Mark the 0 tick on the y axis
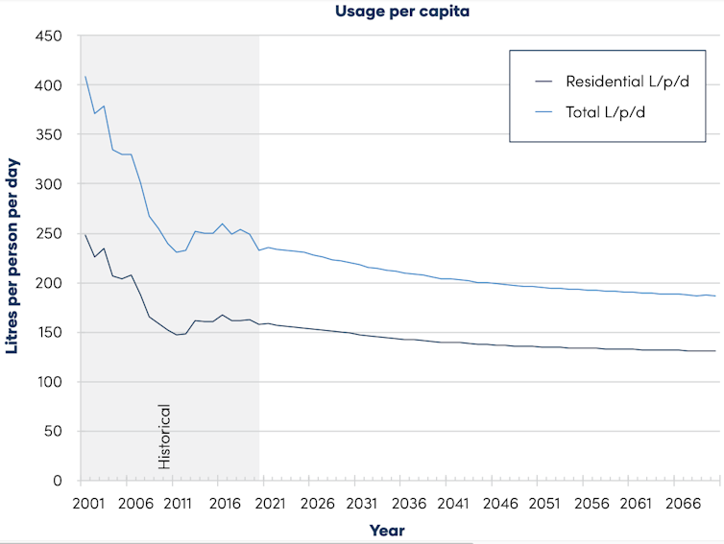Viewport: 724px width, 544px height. point(57,481)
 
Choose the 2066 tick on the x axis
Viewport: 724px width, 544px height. point(683,503)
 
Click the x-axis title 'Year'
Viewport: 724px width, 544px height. point(387,530)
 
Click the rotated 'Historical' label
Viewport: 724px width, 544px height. point(164,437)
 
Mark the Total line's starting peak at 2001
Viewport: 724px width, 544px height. point(85,77)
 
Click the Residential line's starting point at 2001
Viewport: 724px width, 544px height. point(85,235)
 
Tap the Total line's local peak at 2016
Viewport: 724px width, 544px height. point(223,224)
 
